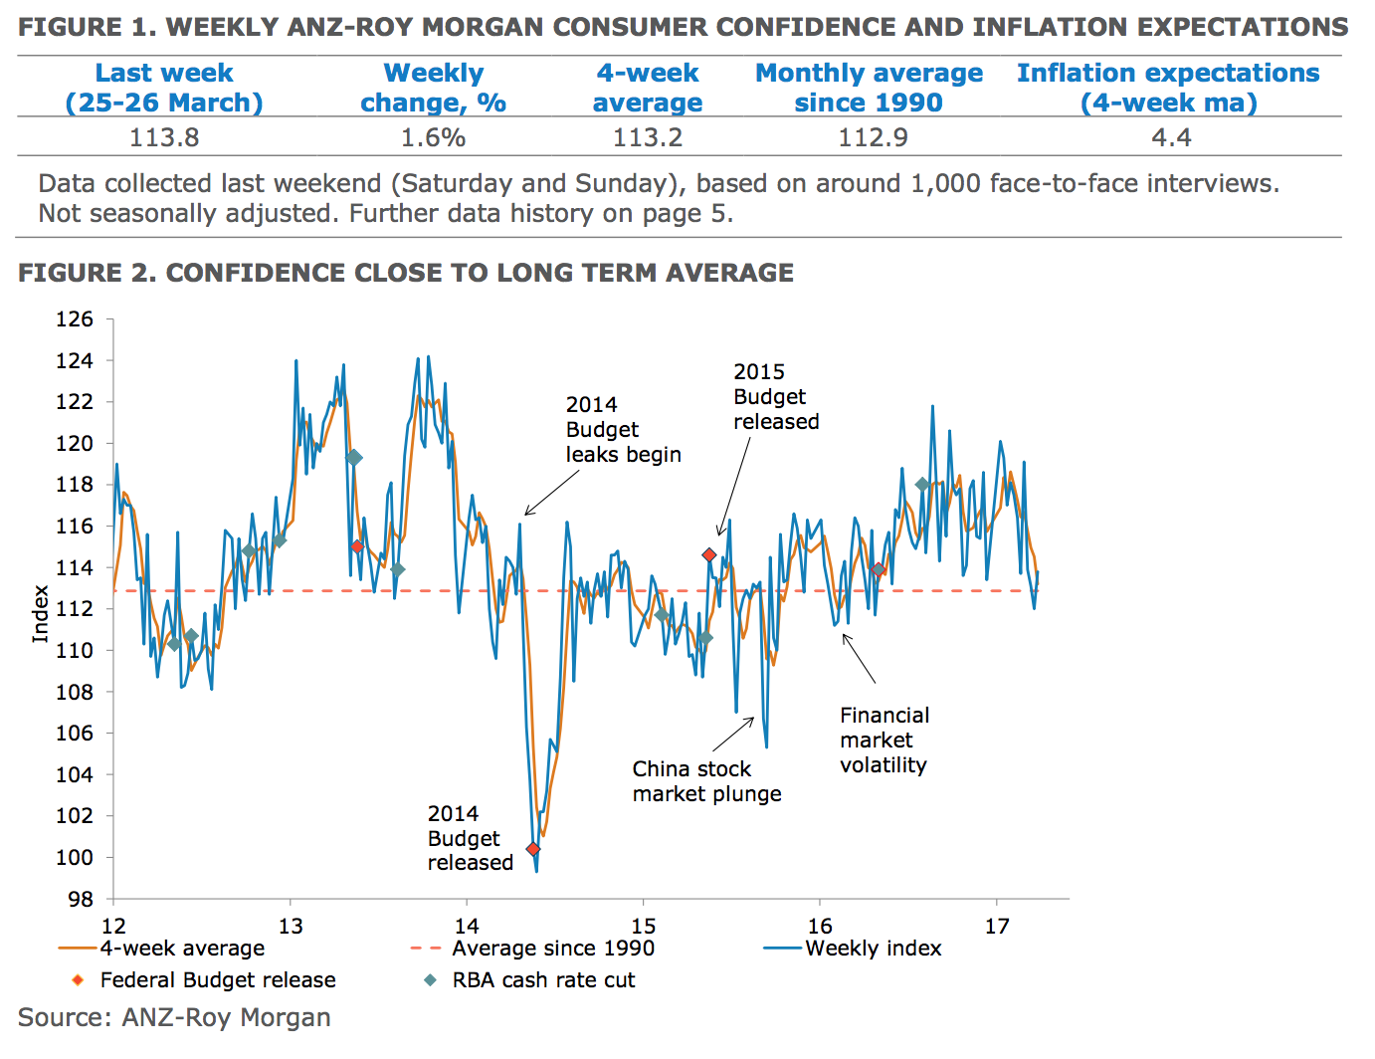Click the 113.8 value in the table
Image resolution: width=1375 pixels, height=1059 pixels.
164,137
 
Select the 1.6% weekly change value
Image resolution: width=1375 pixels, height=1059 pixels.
433,137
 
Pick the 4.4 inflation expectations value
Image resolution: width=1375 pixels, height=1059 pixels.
1171,137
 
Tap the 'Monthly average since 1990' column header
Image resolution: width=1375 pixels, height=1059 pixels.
869,88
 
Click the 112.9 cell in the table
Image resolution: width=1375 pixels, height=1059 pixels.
873,137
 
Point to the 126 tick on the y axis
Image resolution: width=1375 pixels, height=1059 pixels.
75,319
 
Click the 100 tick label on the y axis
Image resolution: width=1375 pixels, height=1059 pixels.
75,857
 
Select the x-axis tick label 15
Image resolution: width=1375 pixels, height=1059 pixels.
643,927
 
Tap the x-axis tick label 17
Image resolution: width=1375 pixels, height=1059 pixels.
997,927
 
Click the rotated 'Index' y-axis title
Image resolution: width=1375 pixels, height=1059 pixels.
41,613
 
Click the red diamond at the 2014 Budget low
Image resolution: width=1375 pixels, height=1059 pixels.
533,849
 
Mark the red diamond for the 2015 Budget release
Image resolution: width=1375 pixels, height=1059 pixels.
709,555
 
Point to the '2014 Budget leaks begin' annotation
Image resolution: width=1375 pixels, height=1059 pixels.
623,430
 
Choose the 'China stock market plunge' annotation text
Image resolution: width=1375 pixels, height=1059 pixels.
706,781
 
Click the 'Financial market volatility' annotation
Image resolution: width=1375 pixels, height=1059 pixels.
884,740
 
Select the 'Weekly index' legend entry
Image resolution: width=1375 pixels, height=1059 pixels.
873,949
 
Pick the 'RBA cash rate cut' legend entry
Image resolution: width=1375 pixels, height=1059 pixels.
542,980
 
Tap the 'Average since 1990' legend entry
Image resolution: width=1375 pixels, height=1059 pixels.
552,949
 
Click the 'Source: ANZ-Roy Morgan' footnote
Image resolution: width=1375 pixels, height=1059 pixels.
174,1017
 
